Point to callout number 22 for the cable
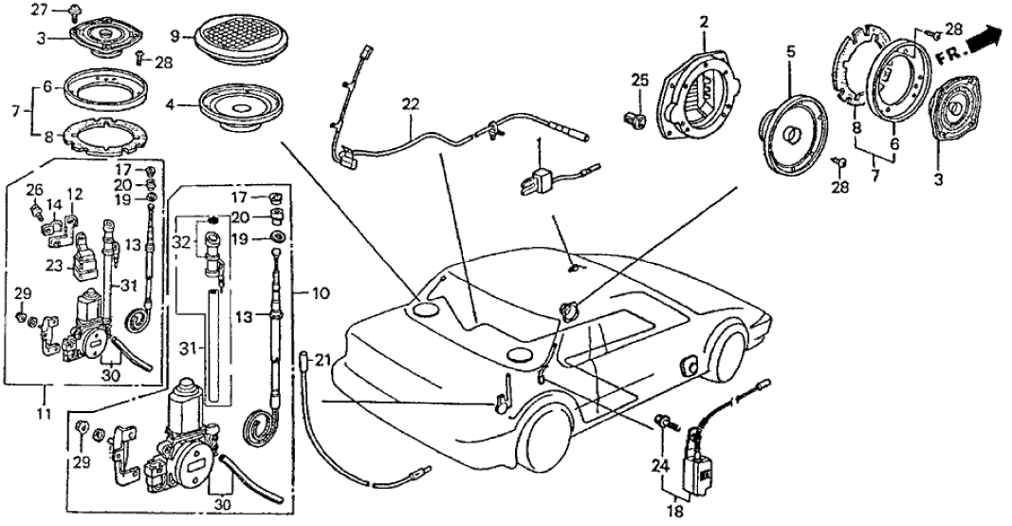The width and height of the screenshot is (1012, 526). tap(409, 103)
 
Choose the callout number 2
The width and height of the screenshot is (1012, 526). tap(704, 20)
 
